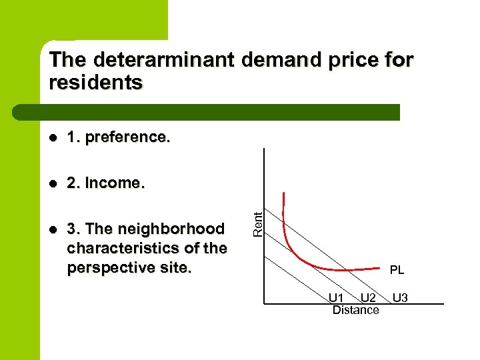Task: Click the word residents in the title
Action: pyautogui.click(x=96, y=83)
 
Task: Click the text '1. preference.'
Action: pyautogui.click(x=119, y=137)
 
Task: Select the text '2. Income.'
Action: pyautogui.click(x=105, y=183)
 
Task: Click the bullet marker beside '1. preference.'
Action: pyautogui.click(x=53, y=138)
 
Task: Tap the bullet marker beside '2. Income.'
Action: pyautogui.click(x=53, y=183)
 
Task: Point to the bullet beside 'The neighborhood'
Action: pyautogui.click(x=53, y=229)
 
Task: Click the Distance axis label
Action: pyautogui.click(x=355, y=310)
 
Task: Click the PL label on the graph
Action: pyautogui.click(x=397, y=271)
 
